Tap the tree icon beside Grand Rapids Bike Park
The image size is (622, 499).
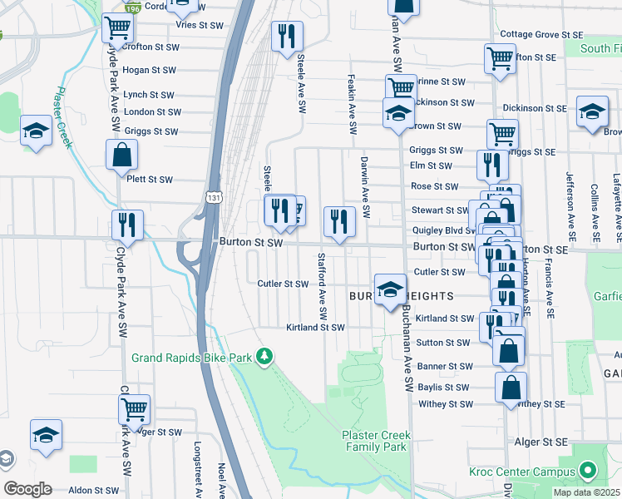[x=264, y=357]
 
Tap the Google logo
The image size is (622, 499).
[x=27, y=489]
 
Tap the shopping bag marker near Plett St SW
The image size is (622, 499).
[x=121, y=155]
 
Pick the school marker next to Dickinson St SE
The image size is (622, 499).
[x=592, y=113]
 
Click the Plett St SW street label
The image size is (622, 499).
[x=149, y=180]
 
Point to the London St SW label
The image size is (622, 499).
[x=152, y=112]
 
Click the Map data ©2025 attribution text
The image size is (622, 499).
[x=586, y=492]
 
